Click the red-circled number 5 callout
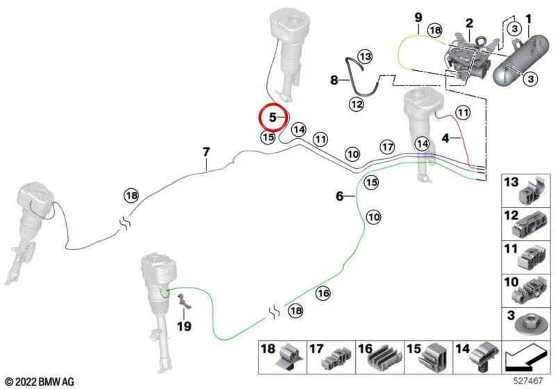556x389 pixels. [x=272, y=117]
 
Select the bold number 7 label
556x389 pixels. [x=206, y=152]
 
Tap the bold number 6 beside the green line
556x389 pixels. [x=340, y=196]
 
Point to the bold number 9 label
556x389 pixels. [x=418, y=17]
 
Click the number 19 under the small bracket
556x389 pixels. [x=184, y=326]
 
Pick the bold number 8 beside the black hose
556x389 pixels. [x=334, y=80]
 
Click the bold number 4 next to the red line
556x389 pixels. [x=445, y=138]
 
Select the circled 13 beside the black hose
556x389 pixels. [x=366, y=57]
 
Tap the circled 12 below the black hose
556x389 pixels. [x=357, y=104]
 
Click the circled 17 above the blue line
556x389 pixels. [x=387, y=147]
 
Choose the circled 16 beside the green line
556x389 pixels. [x=323, y=293]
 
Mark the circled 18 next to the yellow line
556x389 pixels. [x=435, y=31]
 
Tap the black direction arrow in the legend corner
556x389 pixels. [x=524, y=358]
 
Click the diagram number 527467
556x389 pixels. [x=528, y=381]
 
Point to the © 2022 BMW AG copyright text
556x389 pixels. [x=40, y=382]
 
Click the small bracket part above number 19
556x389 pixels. [x=183, y=301]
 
